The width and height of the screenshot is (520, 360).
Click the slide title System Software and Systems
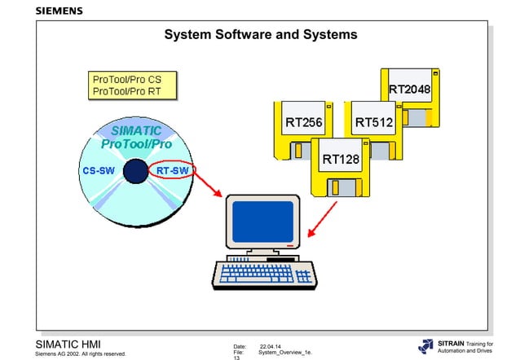click(x=260, y=35)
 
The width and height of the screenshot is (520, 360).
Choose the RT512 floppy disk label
click(x=374, y=123)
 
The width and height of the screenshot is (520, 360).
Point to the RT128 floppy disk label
click(x=341, y=158)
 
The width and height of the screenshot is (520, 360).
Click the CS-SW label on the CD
click(x=99, y=171)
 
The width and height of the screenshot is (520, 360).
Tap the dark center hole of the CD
click(x=133, y=171)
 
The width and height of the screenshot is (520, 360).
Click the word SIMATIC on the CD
click(x=136, y=130)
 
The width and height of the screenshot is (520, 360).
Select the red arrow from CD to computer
click(x=205, y=188)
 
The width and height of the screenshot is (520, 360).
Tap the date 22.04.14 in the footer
click(x=271, y=345)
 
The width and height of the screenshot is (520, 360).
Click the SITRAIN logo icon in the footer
click(x=427, y=346)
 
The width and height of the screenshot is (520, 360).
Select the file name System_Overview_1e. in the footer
click(x=284, y=352)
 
